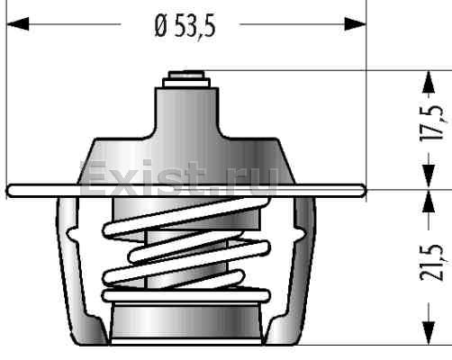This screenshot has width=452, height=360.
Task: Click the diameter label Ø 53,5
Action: [185, 26]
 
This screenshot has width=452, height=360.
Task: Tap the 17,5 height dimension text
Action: [431, 123]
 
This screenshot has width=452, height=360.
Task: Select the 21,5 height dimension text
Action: [431, 263]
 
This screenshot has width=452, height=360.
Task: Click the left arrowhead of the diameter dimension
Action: [18, 24]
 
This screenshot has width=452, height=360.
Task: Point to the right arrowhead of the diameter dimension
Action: [355, 24]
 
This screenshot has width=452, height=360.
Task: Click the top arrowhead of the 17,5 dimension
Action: [429, 82]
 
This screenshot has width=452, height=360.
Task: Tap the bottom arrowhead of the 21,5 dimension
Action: [429, 333]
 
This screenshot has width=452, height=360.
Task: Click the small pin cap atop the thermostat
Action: [186, 79]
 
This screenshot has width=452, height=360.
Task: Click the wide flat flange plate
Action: [186, 191]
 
